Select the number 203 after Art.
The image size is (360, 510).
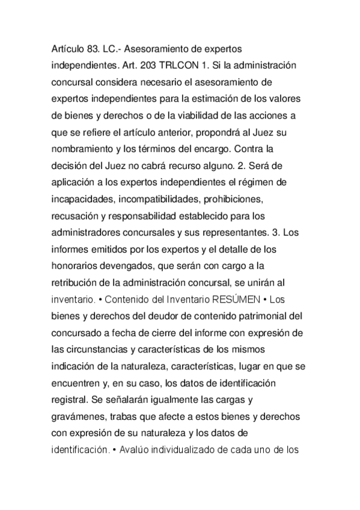[152, 62]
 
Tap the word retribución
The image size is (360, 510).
[75, 280]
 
